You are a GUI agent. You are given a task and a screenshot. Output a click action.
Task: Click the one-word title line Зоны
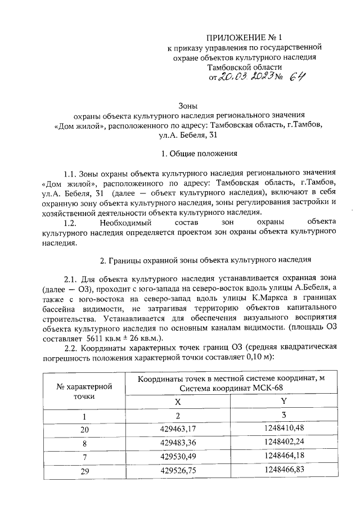[x=187, y=105]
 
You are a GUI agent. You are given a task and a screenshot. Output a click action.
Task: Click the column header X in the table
[x=178, y=402]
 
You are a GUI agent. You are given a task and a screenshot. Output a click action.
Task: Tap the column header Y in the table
[x=283, y=402]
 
